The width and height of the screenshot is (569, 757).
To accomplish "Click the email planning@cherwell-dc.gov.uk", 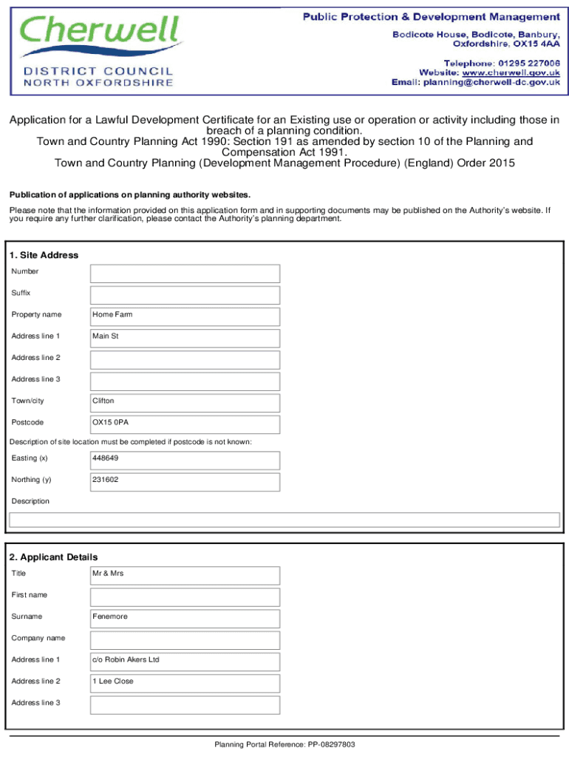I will (491, 83).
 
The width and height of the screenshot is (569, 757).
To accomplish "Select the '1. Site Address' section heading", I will (44, 255).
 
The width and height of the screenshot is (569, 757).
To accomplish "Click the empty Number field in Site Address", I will (185, 274).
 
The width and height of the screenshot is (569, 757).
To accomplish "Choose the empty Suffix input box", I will (185, 295).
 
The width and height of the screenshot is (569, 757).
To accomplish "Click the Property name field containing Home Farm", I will (185, 316).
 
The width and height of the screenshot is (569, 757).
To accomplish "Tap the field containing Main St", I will (185, 338).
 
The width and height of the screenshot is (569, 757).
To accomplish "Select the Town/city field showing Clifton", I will (185, 403).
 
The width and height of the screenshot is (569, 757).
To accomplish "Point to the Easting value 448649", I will (106, 458).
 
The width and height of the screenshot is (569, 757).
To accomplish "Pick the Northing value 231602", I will (106, 480).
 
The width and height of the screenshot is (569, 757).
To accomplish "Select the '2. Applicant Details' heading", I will (53, 557).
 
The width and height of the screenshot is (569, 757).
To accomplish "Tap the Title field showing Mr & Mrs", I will (185, 575).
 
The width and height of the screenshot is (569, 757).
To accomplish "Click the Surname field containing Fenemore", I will (185, 618).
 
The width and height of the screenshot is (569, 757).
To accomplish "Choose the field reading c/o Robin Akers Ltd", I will (185, 661).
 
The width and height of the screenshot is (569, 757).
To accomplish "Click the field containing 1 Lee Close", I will (185, 682).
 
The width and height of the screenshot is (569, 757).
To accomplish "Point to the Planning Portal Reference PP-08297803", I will (284, 744).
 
